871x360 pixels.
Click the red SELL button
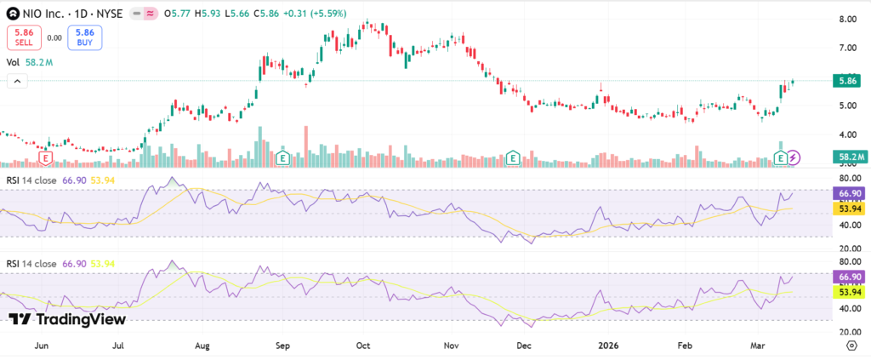click(24, 37)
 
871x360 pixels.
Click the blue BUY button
click(83, 37)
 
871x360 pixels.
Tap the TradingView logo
click(67, 319)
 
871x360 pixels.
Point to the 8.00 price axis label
click(846, 19)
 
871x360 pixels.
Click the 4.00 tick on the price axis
click(846, 134)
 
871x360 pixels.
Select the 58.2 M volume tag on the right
click(848, 157)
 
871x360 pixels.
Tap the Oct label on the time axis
click(363, 346)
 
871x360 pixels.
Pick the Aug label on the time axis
click(202, 346)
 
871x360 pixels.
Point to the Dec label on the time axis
click(524, 346)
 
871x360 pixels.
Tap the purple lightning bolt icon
click(793, 157)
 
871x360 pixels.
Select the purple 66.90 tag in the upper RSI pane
click(848, 193)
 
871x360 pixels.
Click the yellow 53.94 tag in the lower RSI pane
click(848, 291)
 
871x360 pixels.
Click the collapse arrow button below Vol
click(16, 81)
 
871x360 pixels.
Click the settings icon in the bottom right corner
click(851, 346)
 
